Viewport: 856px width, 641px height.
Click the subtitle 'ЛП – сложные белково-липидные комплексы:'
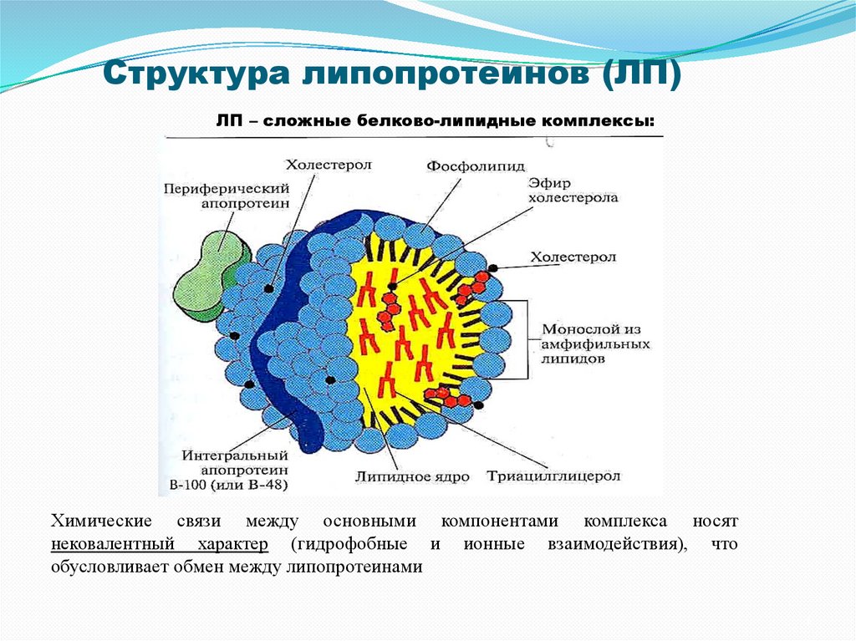point(435,121)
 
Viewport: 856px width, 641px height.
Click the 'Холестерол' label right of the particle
point(574,257)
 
